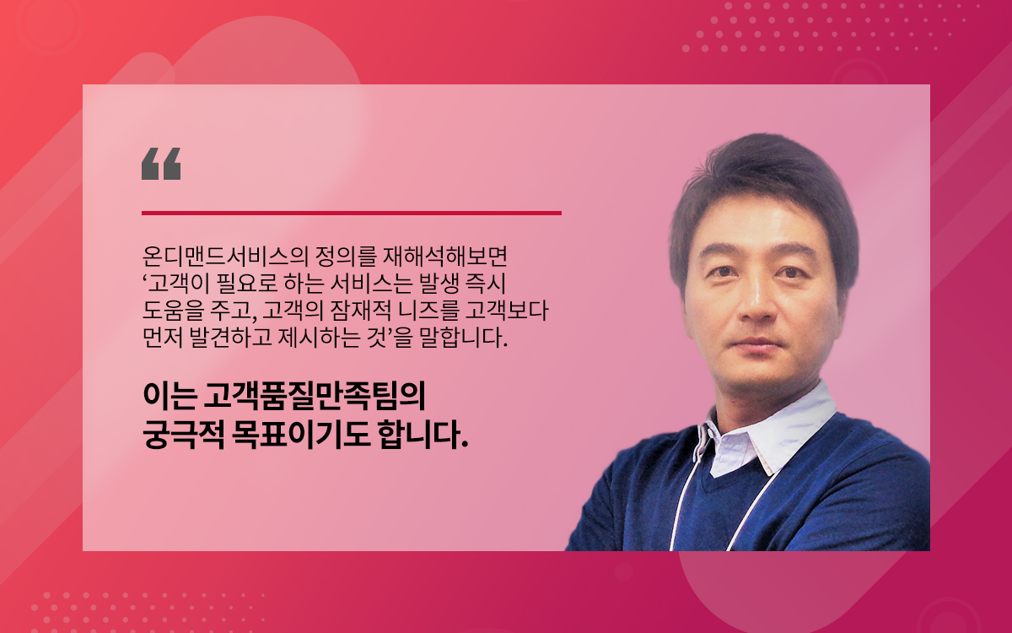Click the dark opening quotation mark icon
(161, 164)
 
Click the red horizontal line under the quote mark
(352, 213)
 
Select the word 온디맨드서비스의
(225, 257)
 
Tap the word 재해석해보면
(445, 257)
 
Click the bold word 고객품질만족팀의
(314, 397)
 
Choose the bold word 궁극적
(183, 435)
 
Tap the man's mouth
(756, 342)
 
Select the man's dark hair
(763, 190)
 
